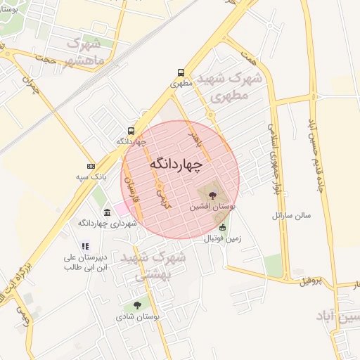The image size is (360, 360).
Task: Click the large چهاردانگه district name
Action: coord(175,163)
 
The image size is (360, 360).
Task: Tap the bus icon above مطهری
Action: coord(181,72)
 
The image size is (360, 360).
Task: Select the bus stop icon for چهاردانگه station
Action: coord(131,130)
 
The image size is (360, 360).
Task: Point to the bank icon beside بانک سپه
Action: coord(91,165)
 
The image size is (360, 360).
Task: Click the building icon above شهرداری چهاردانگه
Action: coord(106,212)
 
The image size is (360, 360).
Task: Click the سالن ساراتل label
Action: coord(297,214)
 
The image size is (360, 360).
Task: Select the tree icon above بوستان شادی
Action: coord(136,306)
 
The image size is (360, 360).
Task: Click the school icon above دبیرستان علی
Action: coord(84,246)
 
